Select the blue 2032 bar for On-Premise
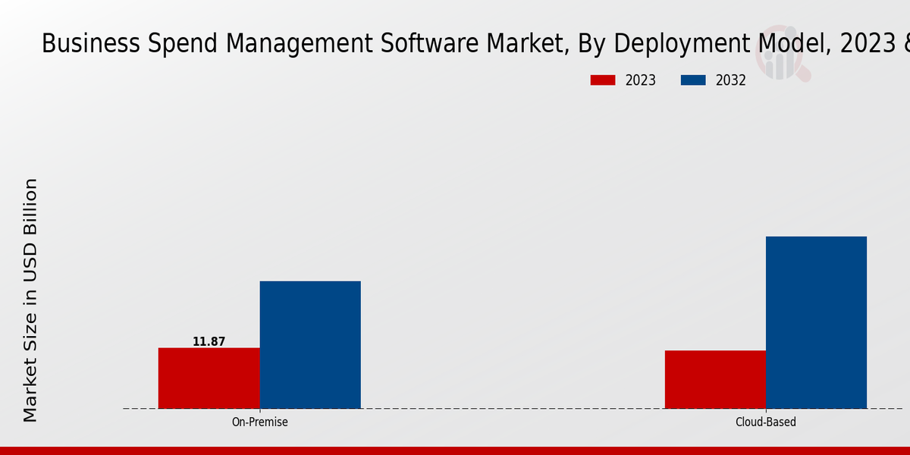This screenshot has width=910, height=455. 310,344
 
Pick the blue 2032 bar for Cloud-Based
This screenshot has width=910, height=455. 816,322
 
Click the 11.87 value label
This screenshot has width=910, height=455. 209,342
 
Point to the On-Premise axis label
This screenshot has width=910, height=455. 259,422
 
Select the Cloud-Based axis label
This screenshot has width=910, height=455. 766,422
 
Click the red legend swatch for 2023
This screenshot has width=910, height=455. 603,80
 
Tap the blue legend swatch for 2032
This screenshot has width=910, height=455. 693,80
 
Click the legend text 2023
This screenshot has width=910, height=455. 640,80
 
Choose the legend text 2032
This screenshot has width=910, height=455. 730,80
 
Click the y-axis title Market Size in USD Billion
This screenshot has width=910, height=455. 30,300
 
